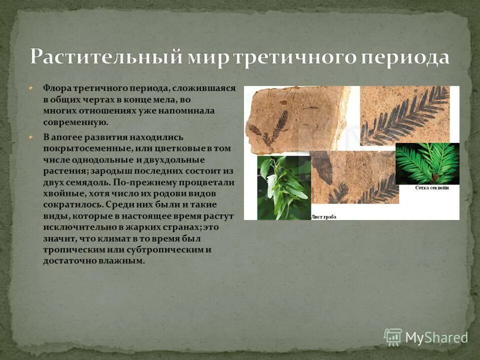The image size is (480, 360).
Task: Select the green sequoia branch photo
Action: point(426,163)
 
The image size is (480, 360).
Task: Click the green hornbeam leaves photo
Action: point(283,187)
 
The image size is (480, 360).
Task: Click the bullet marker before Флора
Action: point(31,88)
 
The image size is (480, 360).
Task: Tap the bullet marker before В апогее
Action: point(31,137)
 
